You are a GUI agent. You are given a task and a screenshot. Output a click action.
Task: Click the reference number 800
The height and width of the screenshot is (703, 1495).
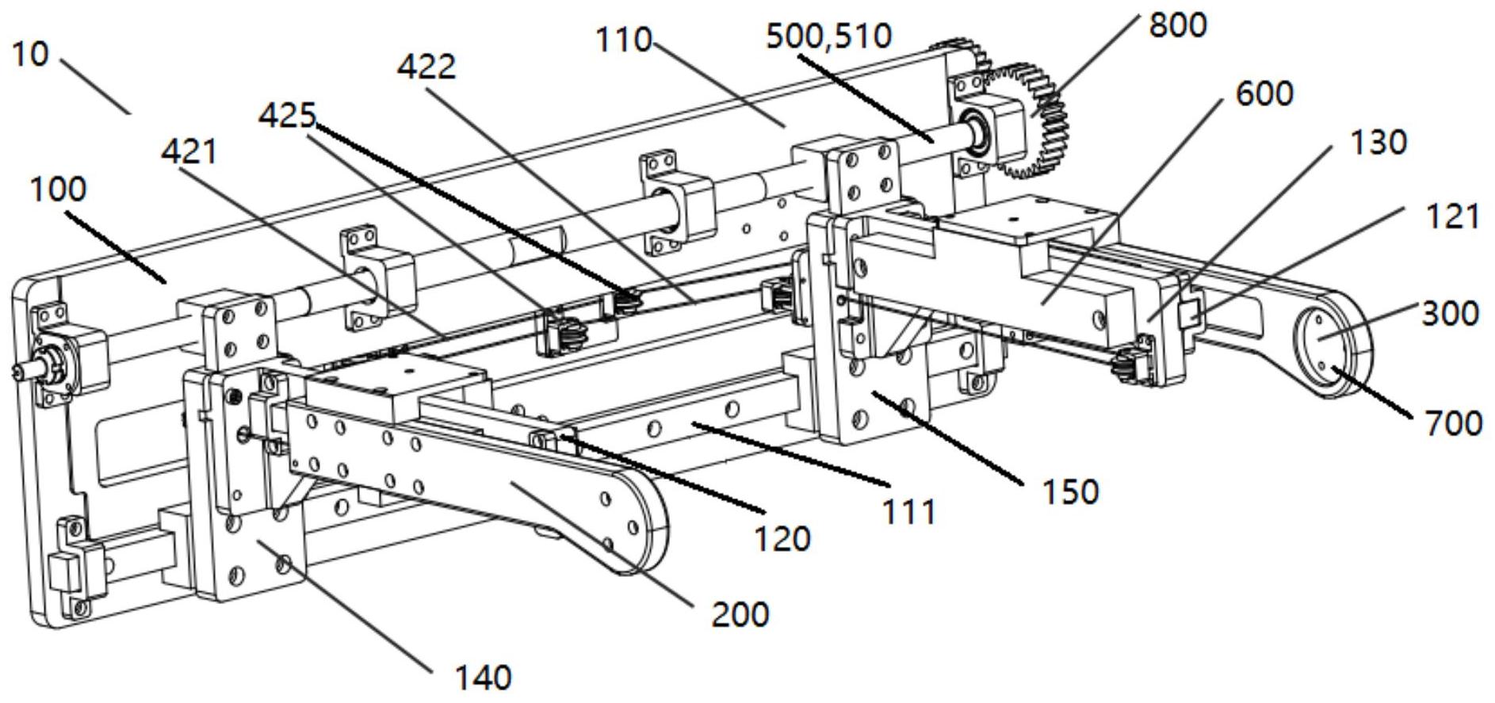1177,25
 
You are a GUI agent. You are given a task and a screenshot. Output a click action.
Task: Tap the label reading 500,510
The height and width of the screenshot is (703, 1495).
828,36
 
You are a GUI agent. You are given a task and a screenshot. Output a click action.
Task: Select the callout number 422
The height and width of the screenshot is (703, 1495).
426,67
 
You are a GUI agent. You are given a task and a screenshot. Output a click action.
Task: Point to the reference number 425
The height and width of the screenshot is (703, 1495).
287,117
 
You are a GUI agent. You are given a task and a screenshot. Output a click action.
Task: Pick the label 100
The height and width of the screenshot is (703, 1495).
59,189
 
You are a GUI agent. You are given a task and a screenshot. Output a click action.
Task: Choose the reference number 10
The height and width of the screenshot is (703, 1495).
31,54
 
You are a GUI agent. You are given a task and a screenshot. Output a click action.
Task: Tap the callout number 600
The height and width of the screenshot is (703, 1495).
1264,94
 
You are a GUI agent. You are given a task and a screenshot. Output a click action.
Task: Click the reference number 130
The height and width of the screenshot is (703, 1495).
1378,143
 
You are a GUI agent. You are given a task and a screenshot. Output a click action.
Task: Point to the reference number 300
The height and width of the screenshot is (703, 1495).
1450,314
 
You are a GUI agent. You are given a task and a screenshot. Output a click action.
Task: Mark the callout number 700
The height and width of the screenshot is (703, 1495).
1453,423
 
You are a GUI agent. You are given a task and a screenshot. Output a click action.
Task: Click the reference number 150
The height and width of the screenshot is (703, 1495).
1070,492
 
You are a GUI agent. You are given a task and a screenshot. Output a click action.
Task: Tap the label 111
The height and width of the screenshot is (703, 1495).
909,512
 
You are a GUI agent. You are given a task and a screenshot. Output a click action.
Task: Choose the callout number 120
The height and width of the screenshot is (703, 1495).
782,539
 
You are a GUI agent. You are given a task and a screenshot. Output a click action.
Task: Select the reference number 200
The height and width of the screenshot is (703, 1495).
740,614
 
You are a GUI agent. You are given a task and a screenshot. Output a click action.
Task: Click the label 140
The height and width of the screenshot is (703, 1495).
483,678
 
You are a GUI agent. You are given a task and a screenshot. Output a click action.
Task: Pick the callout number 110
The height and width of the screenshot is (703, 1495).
624,39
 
